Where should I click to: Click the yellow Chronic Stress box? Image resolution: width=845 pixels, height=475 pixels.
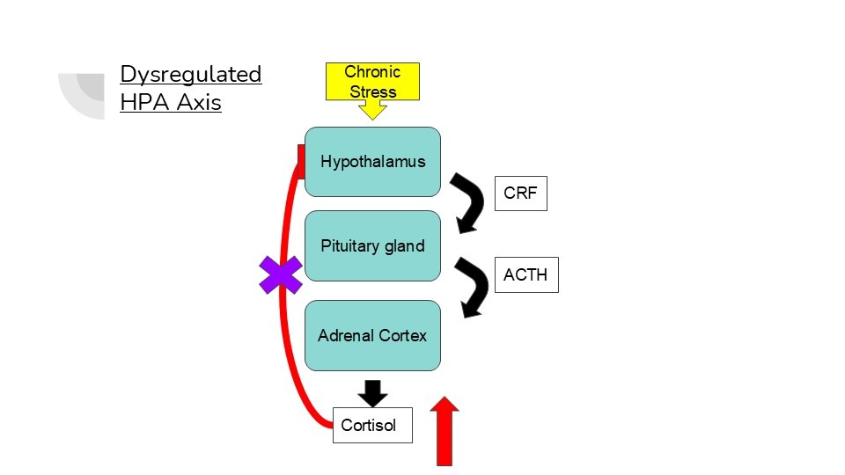(372, 81)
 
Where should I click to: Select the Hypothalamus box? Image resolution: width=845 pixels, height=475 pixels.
(372, 162)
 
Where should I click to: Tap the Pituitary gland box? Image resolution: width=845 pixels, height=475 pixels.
(372, 246)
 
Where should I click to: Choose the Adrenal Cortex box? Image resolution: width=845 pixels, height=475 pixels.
(372, 335)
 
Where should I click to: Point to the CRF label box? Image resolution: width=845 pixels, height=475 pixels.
(520, 194)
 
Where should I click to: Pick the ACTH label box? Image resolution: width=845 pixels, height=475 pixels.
(525, 274)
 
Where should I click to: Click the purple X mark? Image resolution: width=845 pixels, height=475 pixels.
(281, 274)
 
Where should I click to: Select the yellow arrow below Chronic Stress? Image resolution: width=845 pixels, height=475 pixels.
(372, 110)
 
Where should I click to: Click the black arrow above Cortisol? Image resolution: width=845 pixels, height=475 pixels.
(373, 392)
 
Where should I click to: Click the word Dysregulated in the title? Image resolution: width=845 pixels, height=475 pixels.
(191, 74)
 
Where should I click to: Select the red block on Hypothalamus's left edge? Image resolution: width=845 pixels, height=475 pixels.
(300, 163)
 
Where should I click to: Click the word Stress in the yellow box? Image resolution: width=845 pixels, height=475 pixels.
(372, 91)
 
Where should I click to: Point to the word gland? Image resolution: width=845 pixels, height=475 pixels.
(405, 246)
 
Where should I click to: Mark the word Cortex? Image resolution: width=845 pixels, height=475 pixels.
(403, 335)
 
